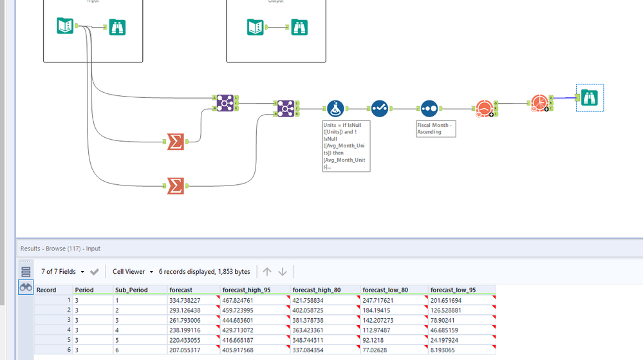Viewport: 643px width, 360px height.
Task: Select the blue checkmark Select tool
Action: coord(380,109)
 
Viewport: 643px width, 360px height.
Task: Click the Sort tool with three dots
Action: coord(429,109)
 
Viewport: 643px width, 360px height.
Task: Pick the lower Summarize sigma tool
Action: coord(175,186)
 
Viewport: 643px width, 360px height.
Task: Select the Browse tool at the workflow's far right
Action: coord(590,98)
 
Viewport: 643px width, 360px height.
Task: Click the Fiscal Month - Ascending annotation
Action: coord(436,128)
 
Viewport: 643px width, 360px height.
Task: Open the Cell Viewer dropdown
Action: coord(133,272)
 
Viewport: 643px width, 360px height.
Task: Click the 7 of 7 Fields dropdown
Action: coord(62,272)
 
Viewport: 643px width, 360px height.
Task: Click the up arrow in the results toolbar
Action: coord(267,272)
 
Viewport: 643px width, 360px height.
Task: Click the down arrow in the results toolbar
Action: coord(283,272)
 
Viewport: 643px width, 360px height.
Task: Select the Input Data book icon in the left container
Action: coord(65,26)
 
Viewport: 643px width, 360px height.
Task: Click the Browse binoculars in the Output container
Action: coord(299,27)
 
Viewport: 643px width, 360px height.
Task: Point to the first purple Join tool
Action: coord(225,102)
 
